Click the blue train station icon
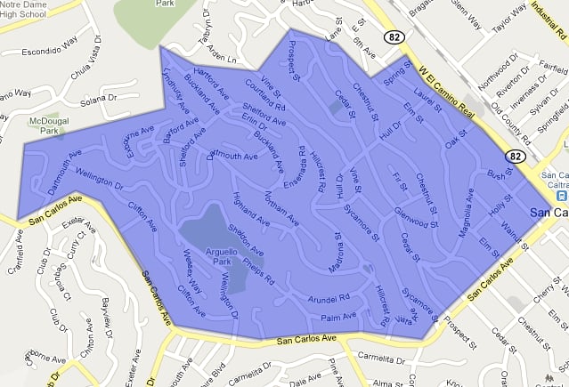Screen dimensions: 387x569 click(x=562, y=195)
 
